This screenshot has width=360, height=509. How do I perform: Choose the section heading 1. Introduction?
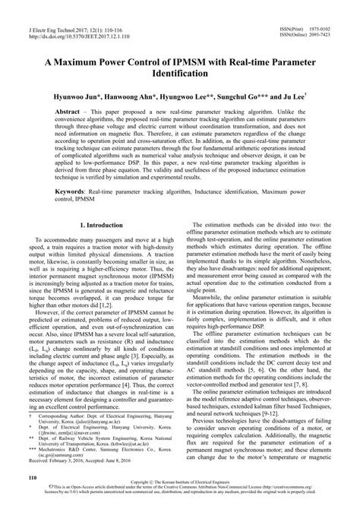click(101, 226)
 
